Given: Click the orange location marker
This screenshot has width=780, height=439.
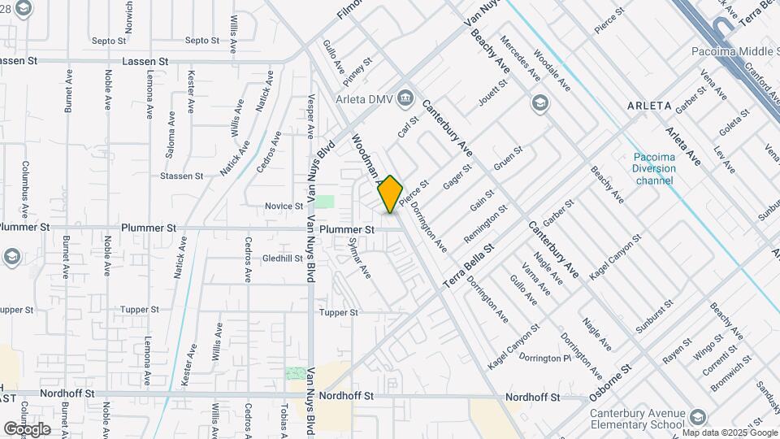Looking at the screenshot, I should [x=390, y=193].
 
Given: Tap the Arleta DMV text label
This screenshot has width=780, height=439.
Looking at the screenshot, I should [x=365, y=99].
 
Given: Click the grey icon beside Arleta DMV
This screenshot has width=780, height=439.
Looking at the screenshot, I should [x=406, y=99].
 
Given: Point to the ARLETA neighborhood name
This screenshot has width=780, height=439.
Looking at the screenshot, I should [x=649, y=106].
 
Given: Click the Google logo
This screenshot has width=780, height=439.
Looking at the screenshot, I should [x=27, y=428].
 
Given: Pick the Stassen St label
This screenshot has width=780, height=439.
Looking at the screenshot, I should [x=181, y=176].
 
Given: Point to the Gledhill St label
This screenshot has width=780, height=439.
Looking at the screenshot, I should [x=282, y=259].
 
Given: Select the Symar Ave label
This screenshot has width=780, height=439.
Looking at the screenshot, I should [x=358, y=258].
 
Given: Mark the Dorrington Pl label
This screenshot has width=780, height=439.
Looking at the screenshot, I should [x=545, y=358].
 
